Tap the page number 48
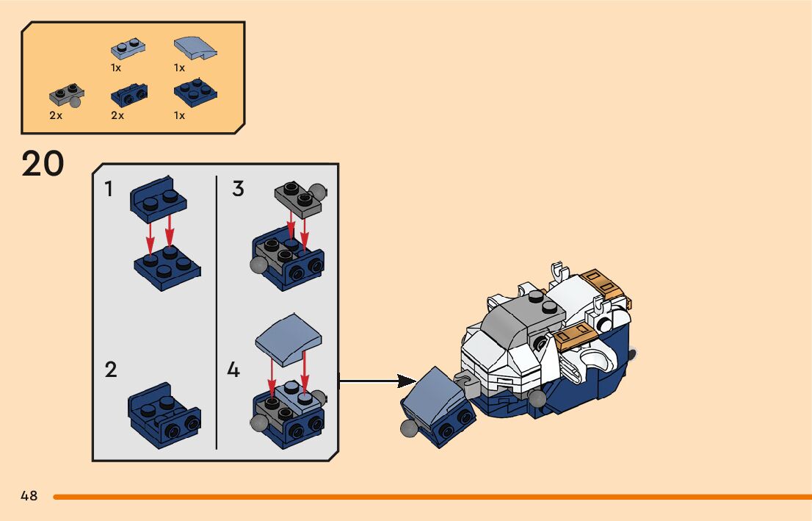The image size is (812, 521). [x=29, y=495]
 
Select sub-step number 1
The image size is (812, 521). [x=109, y=190]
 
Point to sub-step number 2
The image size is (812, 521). [x=110, y=370]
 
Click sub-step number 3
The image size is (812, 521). [x=238, y=189]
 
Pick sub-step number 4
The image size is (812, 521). [x=233, y=370]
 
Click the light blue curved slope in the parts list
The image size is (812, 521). [x=195, y=48]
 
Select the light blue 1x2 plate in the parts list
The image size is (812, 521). [x=128, y=48]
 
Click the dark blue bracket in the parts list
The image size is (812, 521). [x=128, y=94]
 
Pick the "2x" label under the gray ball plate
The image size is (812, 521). [x=56, y=115]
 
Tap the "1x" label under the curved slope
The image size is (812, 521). [x=179, y=68]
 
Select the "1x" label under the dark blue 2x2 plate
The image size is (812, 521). [x=179, y=115]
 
